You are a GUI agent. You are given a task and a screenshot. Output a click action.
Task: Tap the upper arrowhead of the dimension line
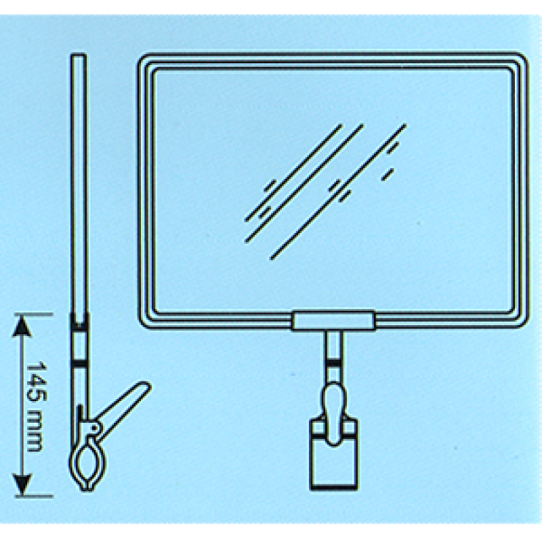click(x=22, y=327)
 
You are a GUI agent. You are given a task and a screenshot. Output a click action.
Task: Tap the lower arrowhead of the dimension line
click(x=22, y=485)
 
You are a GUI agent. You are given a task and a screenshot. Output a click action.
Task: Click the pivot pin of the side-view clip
click(x=93, y=428)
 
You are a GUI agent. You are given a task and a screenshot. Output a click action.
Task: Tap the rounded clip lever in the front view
click(x=333, y=414)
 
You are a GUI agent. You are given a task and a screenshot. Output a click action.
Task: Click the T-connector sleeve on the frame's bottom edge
click(x=333, y=320)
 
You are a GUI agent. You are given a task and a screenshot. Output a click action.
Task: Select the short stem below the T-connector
click(x=333, y=357)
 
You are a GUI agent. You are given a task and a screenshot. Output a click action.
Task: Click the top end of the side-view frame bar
click(x=79, y=55)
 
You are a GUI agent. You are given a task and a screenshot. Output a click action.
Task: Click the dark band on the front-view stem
click(x=333, y=363)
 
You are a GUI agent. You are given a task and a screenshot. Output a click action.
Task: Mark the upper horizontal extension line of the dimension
click(x=35, y=314)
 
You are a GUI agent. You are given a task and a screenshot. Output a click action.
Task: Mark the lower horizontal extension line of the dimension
click(x=35, y=497)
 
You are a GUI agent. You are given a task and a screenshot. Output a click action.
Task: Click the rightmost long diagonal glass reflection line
click(x=338, y=191)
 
